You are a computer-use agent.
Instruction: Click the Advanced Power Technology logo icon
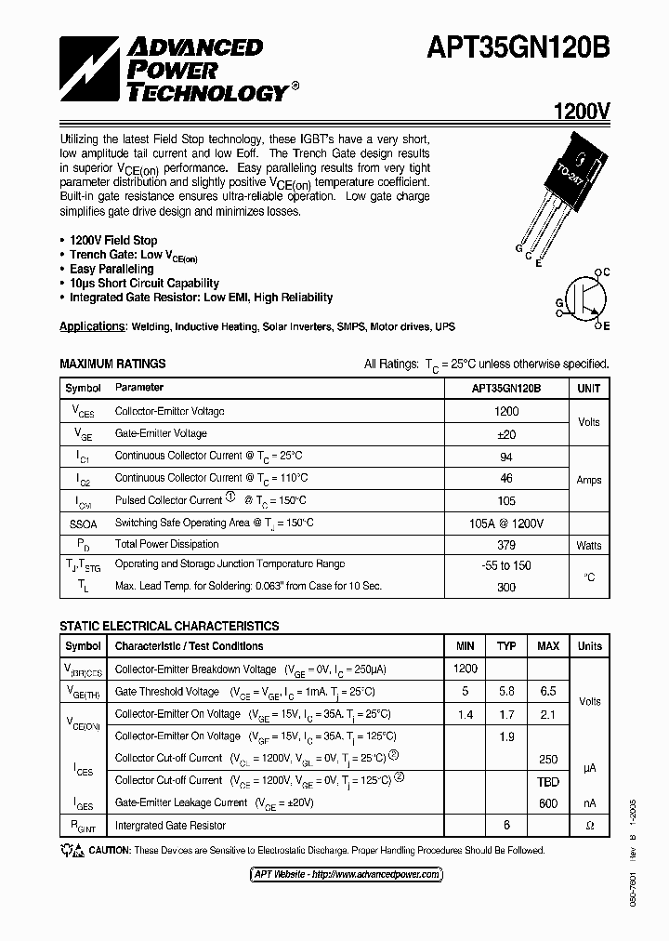click(89, 70)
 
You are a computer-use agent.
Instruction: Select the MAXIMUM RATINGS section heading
click(112, 364)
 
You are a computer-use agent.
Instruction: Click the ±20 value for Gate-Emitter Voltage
click(506, 433)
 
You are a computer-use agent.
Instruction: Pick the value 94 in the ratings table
click(506, 456)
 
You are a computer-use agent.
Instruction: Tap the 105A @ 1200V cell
click(506, 523)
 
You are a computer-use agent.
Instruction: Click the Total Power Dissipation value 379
click(506, 545)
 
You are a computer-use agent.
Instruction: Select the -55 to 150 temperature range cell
click(506, 566)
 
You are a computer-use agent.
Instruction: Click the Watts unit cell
click(588, 545)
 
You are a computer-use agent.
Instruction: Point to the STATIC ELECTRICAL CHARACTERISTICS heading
click(169, 627)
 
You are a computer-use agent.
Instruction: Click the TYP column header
click(506, 646)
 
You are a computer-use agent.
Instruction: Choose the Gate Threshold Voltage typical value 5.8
click(506, 692)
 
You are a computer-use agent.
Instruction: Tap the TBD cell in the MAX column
click(548, 782)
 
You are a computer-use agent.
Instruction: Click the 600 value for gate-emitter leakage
click(548, 803)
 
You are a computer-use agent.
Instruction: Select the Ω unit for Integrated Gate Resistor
click(589, 826)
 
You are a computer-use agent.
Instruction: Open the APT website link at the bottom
click(348, 874)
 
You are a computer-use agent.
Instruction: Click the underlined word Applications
click(92, 327)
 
